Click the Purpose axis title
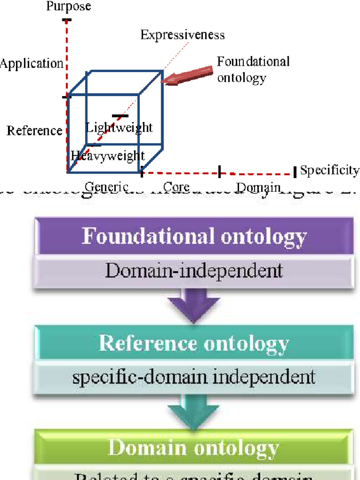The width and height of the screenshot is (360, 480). (x=68, y=6)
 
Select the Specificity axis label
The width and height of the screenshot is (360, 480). (x=330, y=170)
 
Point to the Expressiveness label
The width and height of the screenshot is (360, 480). (x=182, y=35)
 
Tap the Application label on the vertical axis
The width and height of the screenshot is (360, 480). (x=31, y=64)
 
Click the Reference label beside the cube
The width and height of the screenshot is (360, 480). (x=34, y=131)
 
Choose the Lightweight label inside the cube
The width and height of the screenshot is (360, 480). (x=120, y=127)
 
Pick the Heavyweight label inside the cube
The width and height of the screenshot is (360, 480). (x=108, y=156)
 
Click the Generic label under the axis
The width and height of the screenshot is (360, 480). (x=106, y=187)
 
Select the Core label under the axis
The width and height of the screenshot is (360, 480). (x=176, y=187)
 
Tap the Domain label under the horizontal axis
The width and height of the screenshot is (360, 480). (x=258, y=187)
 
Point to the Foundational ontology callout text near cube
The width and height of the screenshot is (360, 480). (x=253, y=69)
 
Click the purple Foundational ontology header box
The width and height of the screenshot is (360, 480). (x=194, y=237)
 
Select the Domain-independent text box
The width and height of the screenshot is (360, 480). (x=194, y=270)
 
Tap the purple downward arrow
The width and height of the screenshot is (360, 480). (x=194, y=305)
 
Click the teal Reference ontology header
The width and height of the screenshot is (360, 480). (x=194, y=344)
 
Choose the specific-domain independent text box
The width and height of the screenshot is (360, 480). (x=194, y=377)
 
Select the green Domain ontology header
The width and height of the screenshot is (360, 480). (x=194, y=448)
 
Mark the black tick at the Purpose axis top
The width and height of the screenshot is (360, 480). (x=67, y=20)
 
